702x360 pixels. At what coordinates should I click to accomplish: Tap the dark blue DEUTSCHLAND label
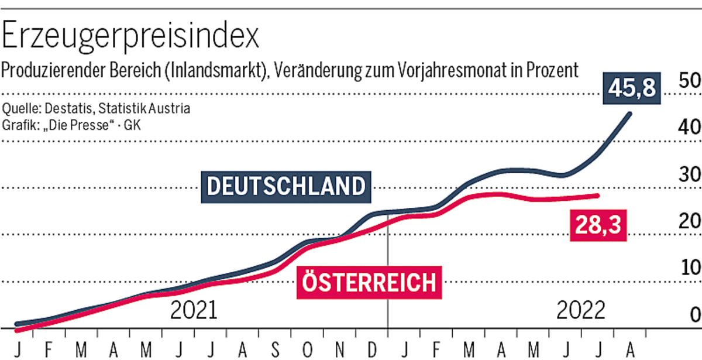click(x=286, y=187)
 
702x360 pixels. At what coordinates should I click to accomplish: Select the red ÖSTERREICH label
click(x=369, y=283)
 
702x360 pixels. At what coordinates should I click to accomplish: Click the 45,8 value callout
click(x=634, y=89)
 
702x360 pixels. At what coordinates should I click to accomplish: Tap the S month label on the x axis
click(x=276, y=350)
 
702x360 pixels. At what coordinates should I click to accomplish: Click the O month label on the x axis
click(x=308, y=350)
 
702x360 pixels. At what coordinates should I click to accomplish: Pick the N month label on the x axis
click(x=340, y=350)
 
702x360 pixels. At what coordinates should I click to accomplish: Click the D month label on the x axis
click(x=372, y=350)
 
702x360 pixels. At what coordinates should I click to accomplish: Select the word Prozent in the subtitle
click(x=548, y=70)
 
